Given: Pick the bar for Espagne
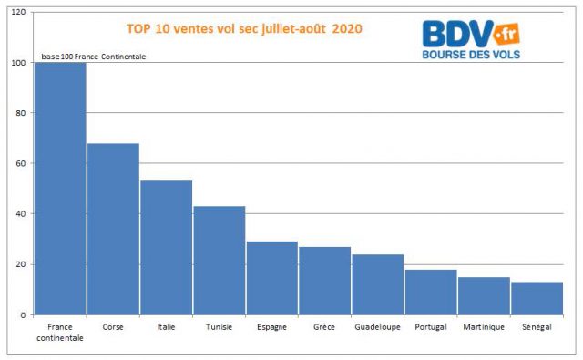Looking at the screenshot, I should click(272, 278).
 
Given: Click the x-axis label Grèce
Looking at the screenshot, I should click(325, 326).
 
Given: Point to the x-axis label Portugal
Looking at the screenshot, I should click(431, 326).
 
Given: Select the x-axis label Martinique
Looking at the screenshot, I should click(484, 326).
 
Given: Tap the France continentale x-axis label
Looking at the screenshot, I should click(60, 332).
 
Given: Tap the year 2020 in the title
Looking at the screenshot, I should click(347, 29).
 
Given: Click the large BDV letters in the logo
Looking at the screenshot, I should click(457, 35).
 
